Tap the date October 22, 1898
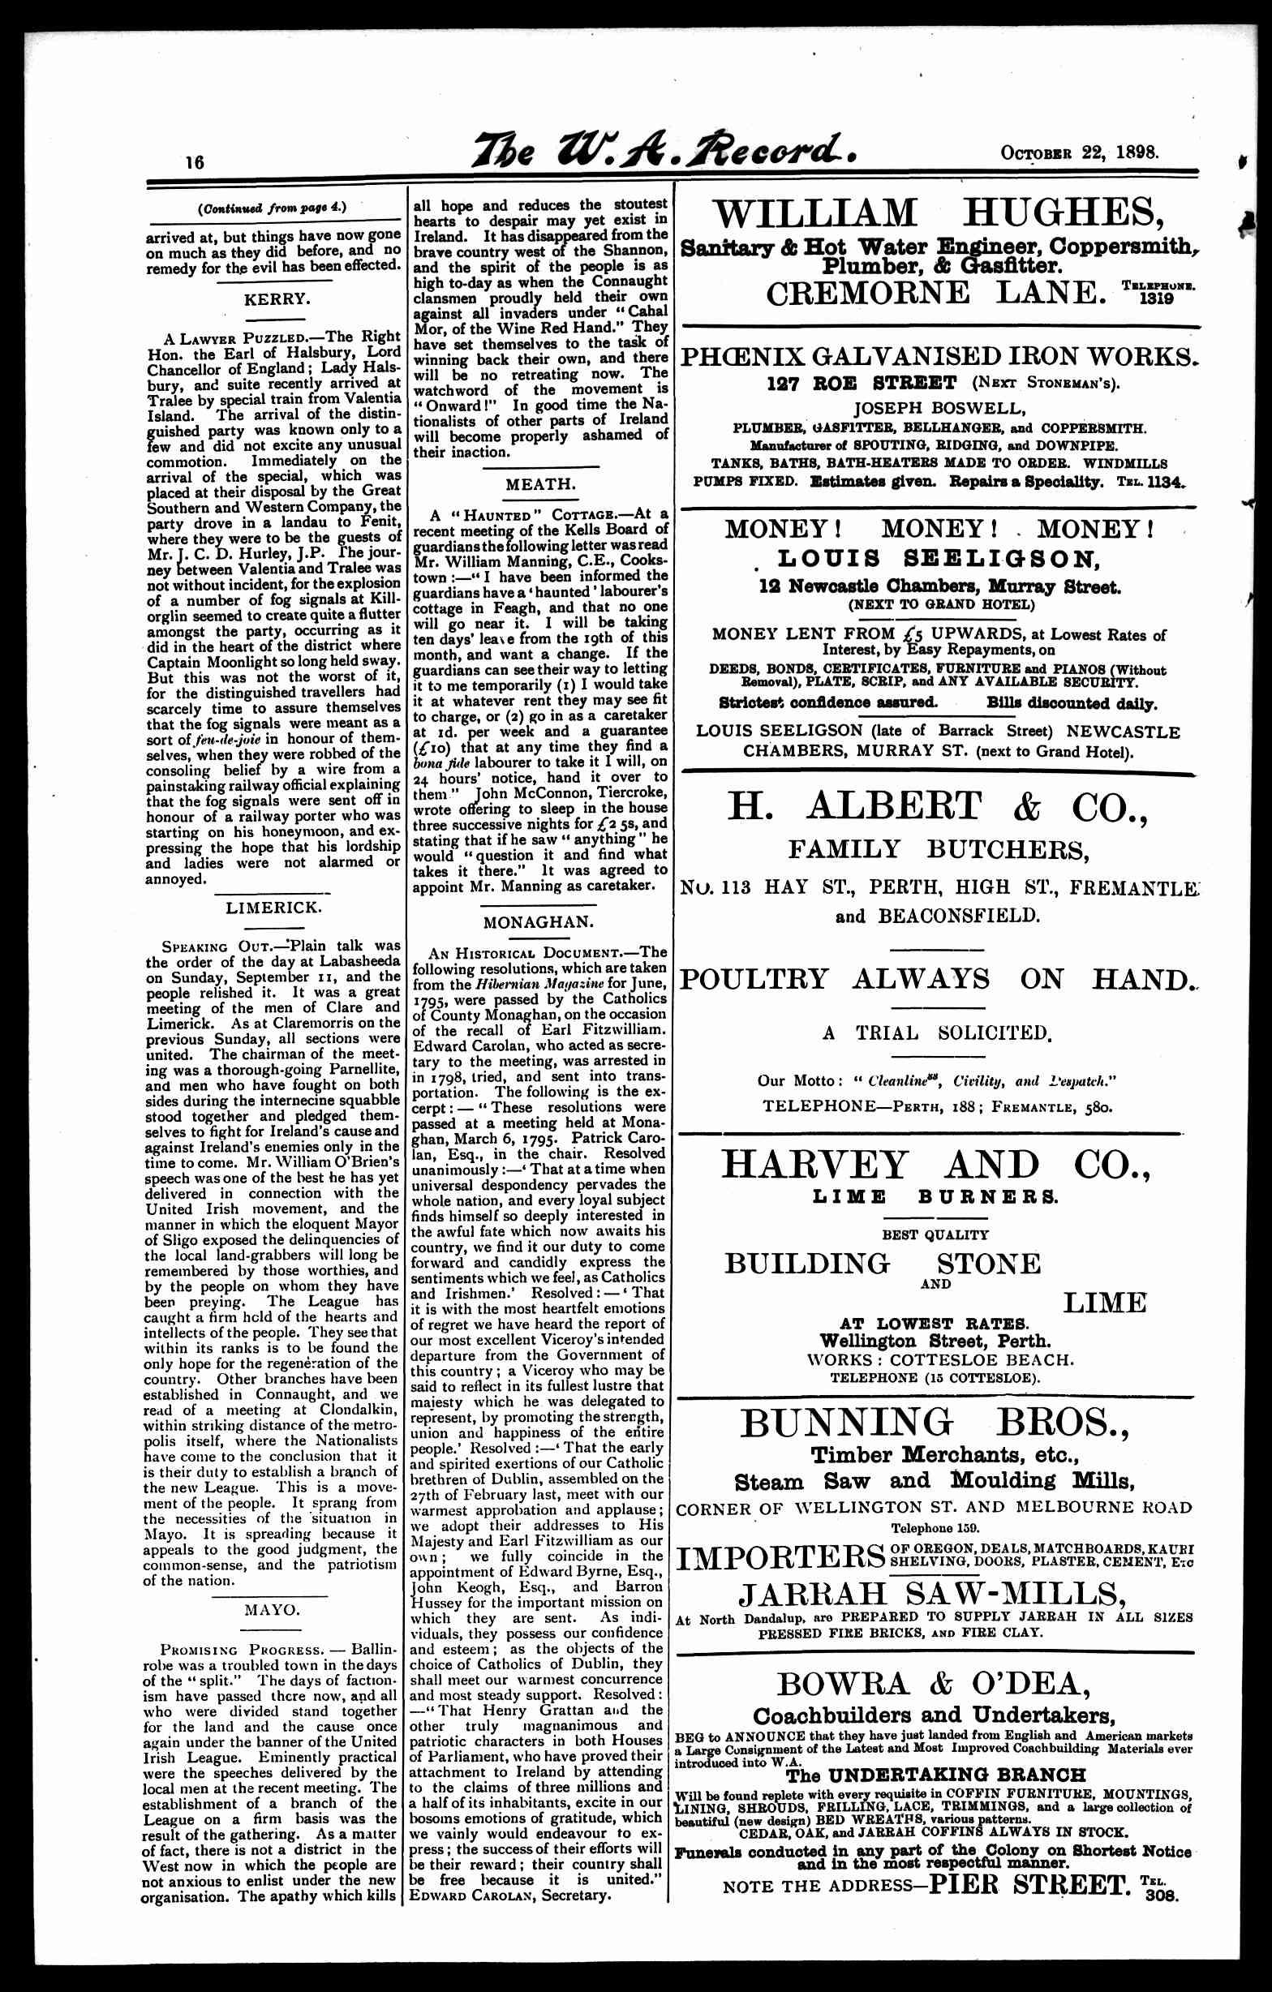1079,153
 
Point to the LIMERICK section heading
273,908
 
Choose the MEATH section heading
540,483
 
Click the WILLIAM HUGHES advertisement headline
937,213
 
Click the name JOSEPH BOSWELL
939,408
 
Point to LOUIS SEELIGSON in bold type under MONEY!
939,559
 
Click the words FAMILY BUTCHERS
938,848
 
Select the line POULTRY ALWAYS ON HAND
937,979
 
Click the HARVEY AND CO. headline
937,1165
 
